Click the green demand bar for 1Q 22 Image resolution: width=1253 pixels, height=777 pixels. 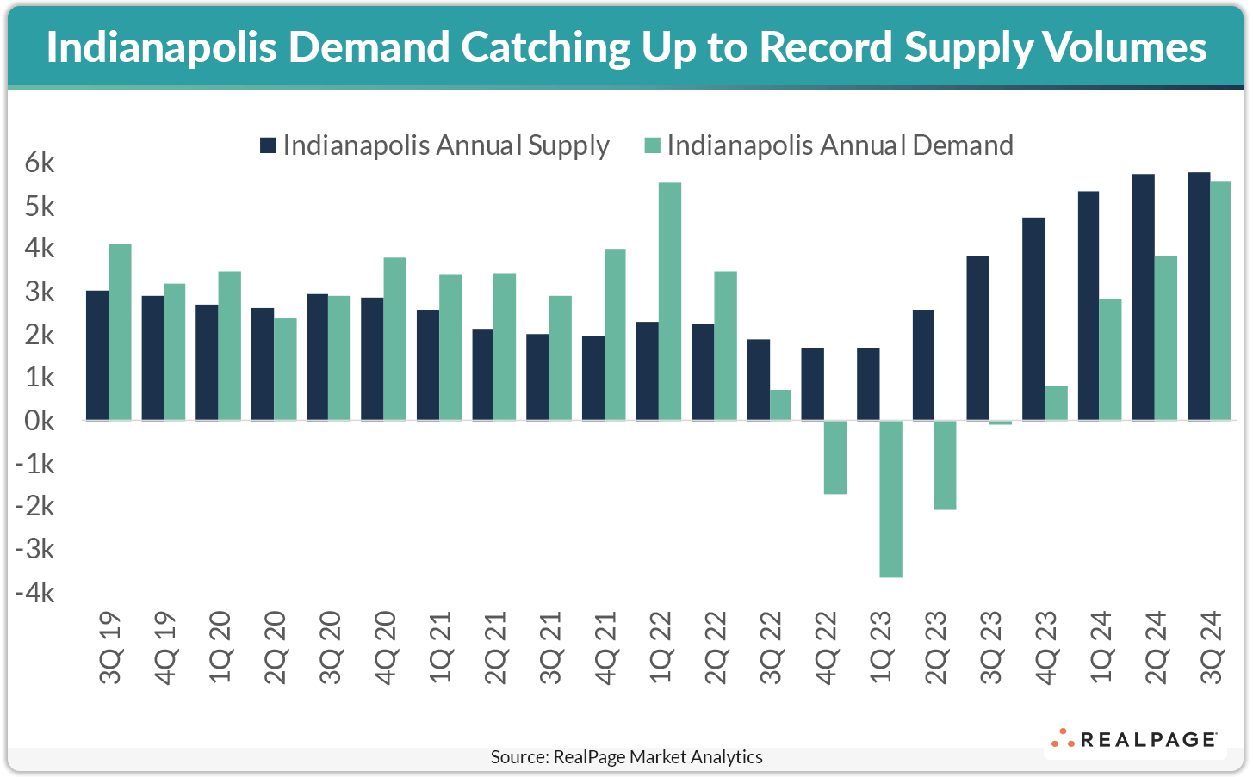(x=670, y=301)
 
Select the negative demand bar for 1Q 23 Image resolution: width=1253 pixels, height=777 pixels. (x=890, y=498)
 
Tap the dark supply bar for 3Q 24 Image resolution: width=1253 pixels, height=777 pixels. (x=1198, y=296)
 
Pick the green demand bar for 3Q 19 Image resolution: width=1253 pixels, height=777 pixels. (x=120, y=331)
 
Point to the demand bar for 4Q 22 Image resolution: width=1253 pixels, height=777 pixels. (x=835, y=457)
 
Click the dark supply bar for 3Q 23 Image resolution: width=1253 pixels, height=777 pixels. (x=977, y=337)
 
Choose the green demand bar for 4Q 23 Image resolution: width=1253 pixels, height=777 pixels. (x=1056, y=403)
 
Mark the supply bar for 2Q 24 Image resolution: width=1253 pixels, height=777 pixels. (x=1143, y=297)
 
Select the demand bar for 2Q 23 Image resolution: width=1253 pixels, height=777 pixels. (x=945, y=465)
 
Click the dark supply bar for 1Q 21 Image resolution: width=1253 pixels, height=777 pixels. (x=427, y=365)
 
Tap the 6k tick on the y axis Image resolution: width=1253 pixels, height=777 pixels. (x=35, y=163)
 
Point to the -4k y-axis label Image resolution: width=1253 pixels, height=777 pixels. (x=35, y=593)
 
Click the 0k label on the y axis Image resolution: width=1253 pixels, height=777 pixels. (x=35, y=421)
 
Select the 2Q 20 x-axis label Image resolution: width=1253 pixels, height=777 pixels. (x=276, y=647)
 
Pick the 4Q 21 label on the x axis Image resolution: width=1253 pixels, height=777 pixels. (x=606, y=647)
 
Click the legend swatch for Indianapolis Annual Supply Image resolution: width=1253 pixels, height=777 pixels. (x=267, y=145)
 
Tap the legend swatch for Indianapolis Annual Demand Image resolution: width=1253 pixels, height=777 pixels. (x=652, y=145)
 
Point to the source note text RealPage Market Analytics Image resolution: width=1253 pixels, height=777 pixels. (x=657, y=757)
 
